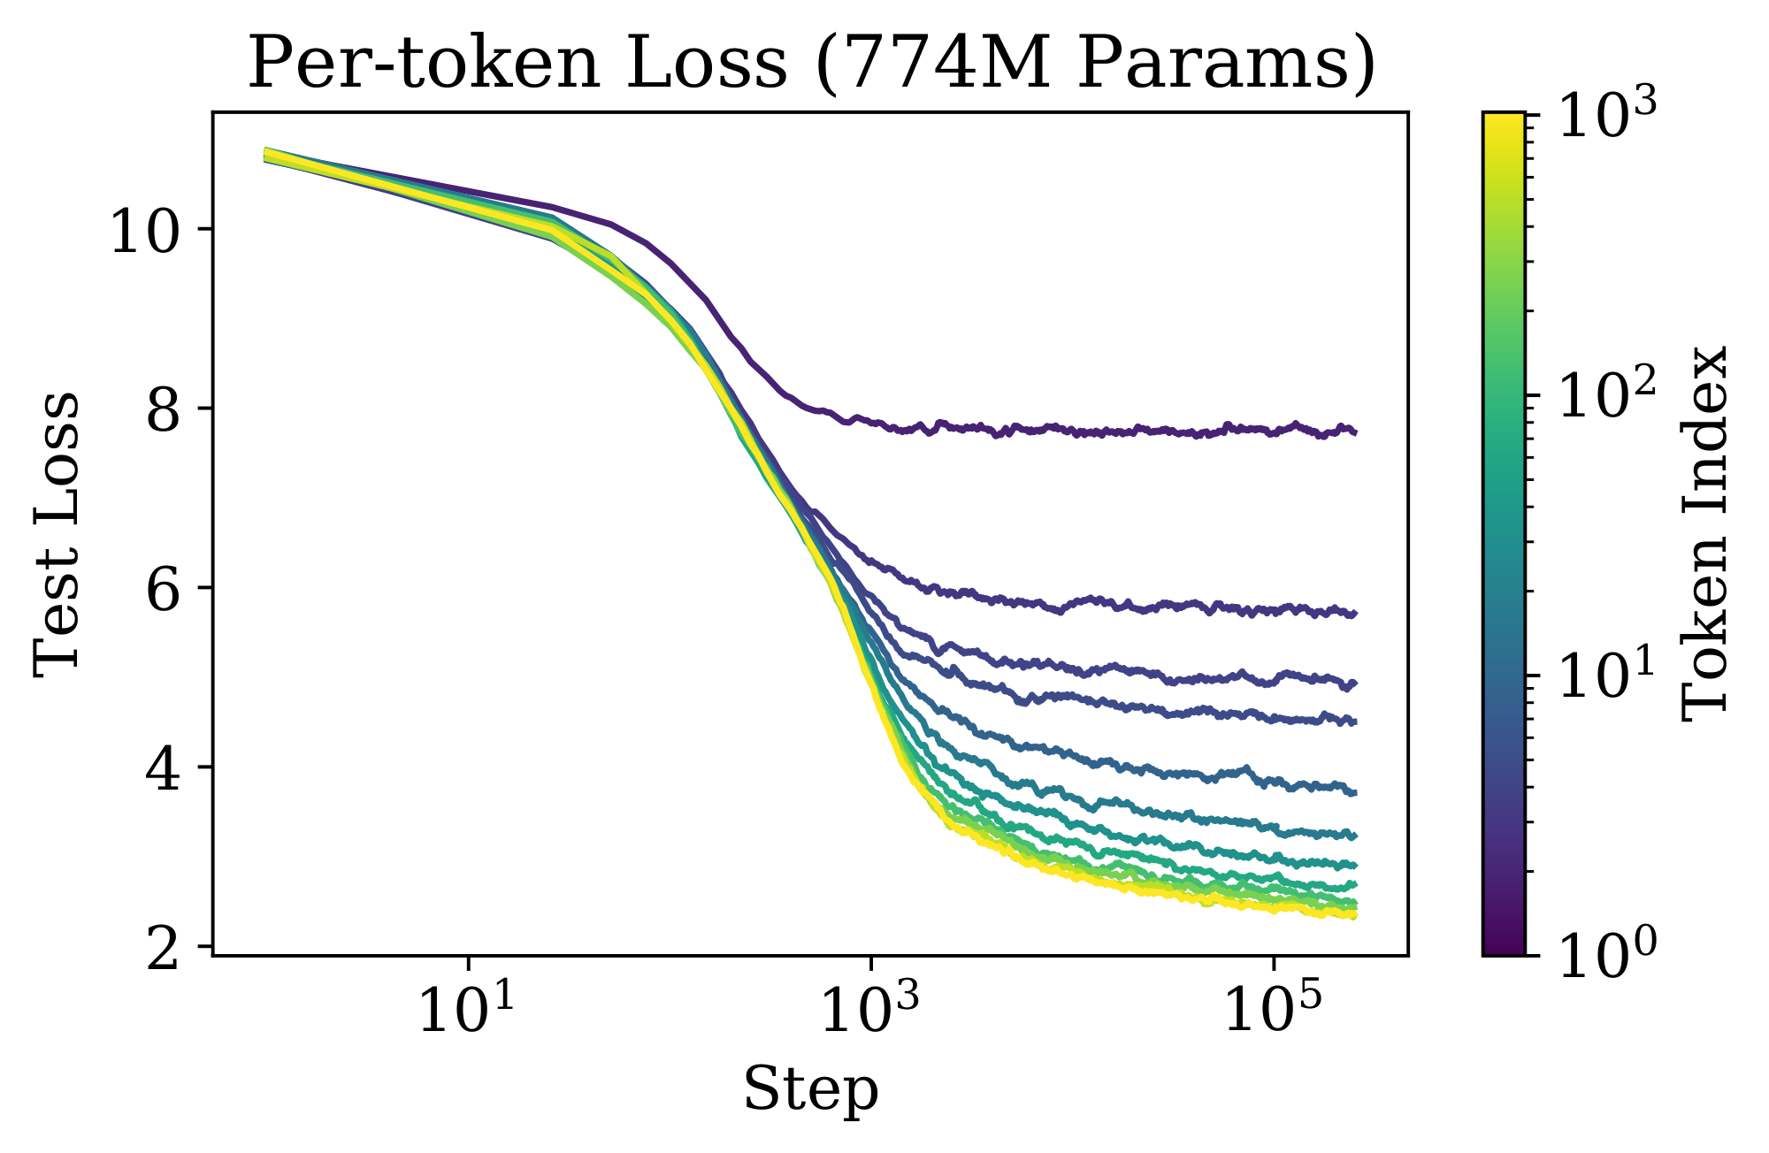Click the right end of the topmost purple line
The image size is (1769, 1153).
(1355, 431)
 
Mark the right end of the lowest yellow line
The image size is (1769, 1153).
(1355, 916)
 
